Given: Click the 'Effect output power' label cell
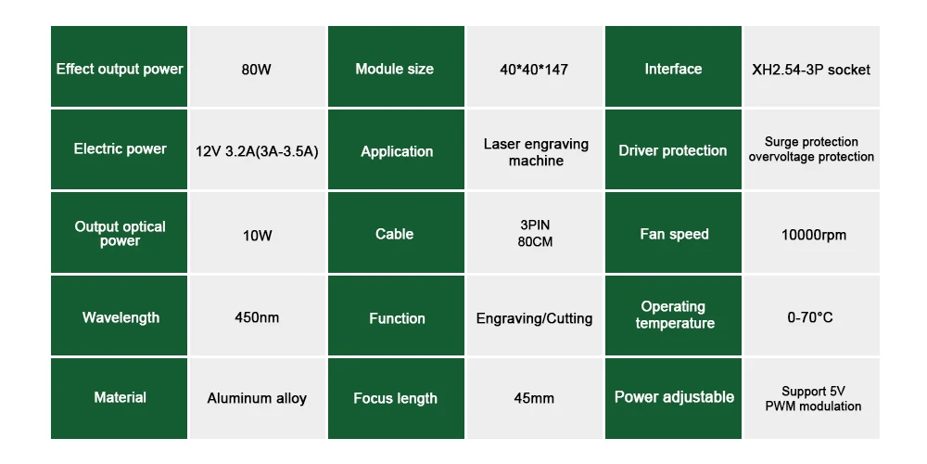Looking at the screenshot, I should [120, 69].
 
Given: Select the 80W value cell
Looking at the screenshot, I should [257, 69].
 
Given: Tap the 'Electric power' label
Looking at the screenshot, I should [120, 149].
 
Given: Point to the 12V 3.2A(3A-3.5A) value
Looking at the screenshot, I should [257, 151].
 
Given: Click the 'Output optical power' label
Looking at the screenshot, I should [120, 234].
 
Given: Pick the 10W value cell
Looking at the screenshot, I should [257, 235].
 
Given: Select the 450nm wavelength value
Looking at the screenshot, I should [257, 317].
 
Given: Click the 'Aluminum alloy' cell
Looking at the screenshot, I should [257, 398].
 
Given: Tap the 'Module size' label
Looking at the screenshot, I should [395, 69].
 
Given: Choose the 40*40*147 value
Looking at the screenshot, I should [534, 69].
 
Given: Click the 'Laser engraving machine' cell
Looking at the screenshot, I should [535, 152].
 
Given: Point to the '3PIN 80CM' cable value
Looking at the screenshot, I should [534, 234].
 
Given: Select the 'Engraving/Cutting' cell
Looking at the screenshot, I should [534, 318].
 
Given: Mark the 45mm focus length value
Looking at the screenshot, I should [534, 398].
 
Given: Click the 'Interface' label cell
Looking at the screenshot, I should [673, 69].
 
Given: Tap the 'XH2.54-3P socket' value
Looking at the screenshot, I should [811, 70].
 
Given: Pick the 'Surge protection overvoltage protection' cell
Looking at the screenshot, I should [811, 149].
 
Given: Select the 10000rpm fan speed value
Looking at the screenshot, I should [813, 235].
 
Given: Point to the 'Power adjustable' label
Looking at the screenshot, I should [674, 397].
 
